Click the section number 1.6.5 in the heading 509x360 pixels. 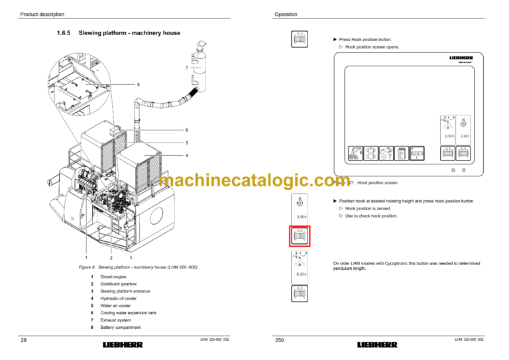tap(65, 32)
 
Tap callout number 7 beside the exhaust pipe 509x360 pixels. tap(186, 68)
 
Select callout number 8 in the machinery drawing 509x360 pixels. tap(138, 84)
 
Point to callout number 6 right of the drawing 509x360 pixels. tap(187, 130)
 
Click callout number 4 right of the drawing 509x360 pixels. tap(187, 155)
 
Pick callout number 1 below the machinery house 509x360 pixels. tap(87, 257)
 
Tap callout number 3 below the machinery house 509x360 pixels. tap(131, 257)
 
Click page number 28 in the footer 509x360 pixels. tap(24, 341)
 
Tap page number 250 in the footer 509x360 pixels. tap(279, 341)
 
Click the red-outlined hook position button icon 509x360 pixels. tap(299, 236)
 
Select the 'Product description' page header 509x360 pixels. tap(42, 14)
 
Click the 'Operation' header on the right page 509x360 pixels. tap(286, 14)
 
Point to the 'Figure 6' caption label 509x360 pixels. tap(87, 267)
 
